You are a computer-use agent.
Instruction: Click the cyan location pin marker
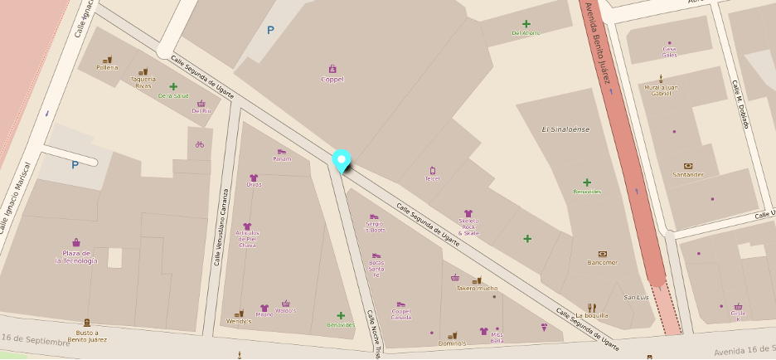coord(341,160)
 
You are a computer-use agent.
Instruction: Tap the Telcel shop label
coord(432,178)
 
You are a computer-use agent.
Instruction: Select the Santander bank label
coord(688,174)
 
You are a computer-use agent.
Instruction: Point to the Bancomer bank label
coord(603,262)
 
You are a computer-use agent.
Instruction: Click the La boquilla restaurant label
coord(591,315)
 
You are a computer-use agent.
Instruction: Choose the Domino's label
coord(453,343)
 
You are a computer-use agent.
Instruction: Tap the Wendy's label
coord(238,321)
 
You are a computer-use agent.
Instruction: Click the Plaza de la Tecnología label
coord(76,256)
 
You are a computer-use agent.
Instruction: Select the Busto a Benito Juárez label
coord(88,335)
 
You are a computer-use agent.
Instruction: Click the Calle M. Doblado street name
coord(740,104)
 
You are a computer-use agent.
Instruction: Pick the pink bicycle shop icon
coord(199,144)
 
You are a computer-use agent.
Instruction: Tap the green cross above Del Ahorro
coord(526,24)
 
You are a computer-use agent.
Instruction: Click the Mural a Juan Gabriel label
coord(661,90)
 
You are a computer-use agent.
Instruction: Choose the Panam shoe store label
coord(282,158)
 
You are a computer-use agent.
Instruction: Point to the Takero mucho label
coord(477,288)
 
